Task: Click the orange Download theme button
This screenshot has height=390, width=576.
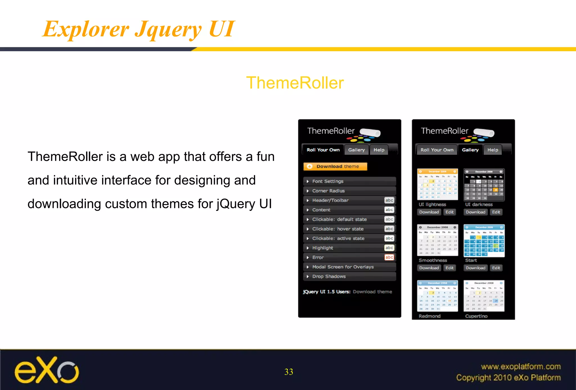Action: tap(335, 166)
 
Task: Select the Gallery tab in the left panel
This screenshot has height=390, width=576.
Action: tap(356, 150)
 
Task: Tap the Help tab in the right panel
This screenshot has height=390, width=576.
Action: tap(493, 150)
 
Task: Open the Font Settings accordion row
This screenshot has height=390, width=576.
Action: tap(350, 181)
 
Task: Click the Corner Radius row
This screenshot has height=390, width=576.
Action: tap(350, 191)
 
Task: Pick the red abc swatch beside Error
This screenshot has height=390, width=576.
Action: tap(389, 257)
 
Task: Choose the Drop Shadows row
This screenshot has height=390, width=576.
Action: tap(350, 276)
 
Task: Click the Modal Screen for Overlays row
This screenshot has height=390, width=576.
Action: tap(350, 267)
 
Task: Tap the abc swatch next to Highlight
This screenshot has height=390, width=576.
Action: tap(389, 248)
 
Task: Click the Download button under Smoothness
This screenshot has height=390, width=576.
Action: tap(429, 268)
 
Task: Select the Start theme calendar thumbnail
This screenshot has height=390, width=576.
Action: tap(484, 241)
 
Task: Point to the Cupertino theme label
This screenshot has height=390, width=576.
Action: tap(476, 316)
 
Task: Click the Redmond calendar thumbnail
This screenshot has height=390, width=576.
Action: tap(437, 296)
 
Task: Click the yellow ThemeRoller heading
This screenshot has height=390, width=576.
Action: tap(295, 83)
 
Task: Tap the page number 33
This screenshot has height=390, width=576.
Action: tap(289, 372)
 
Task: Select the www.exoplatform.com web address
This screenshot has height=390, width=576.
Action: tap(521, 366)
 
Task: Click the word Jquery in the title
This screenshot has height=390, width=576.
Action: tap(168, 30)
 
